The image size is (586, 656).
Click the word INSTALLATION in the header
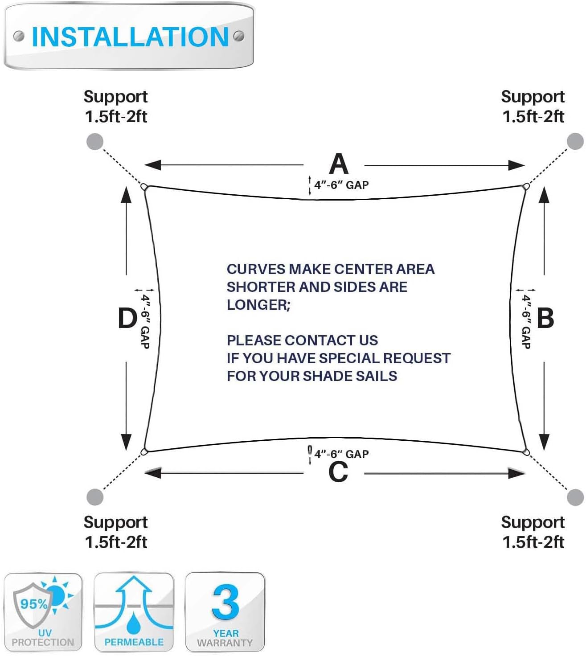(x=130, y=37)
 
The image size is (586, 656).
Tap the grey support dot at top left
(x=94, y=142)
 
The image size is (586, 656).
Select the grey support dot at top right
(x=575, y=142)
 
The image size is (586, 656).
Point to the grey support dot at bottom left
(x=94, y=497)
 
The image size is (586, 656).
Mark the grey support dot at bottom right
(x=575, y=497)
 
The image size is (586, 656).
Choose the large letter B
(x=545, y=318)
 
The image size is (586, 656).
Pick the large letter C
(x=338, y=472)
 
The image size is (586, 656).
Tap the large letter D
(x=127, y=318)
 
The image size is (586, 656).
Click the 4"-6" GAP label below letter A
(x=341, y=185)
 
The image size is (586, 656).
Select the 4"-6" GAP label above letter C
(x=341, y=454)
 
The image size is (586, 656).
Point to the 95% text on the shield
(x=34, y=604)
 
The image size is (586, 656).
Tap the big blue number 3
(x=225, y=602)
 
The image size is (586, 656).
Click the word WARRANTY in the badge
(x=225, y=643)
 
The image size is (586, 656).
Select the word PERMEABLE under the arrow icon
(x=134, y=642)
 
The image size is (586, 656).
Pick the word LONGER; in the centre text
(x=258, y=305)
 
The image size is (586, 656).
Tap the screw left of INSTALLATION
(x=19, y=36)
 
